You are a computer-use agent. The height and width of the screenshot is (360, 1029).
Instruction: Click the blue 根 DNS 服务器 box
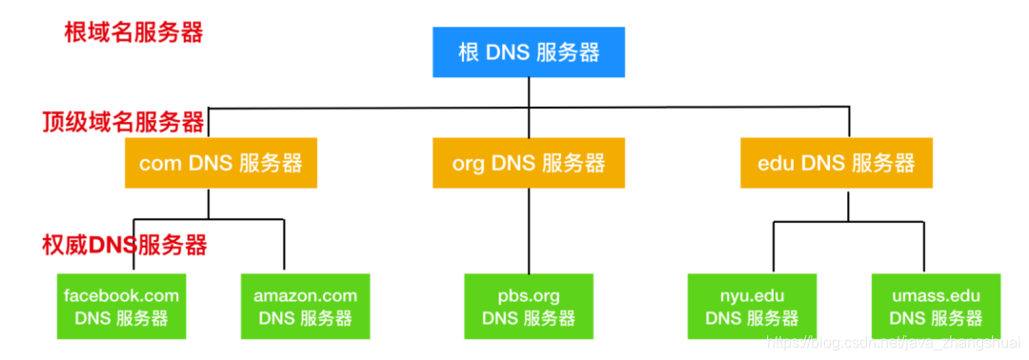529,51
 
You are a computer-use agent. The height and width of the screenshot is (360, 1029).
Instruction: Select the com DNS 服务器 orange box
220,163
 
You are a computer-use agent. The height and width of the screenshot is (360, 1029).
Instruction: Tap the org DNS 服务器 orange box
529,163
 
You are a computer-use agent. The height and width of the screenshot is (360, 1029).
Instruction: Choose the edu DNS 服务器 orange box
837,163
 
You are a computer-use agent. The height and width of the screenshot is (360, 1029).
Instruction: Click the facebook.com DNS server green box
121,307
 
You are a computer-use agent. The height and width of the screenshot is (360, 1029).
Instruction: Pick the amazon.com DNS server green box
305,307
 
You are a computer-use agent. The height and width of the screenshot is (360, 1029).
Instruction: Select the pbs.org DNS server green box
529,307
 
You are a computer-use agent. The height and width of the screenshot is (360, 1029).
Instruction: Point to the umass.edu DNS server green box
935,307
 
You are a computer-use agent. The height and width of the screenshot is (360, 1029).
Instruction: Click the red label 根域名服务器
133,32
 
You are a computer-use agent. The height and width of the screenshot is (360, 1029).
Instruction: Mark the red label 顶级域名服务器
123,122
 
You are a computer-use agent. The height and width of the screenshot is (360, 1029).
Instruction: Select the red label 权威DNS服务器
125,245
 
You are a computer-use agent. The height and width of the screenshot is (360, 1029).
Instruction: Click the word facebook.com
121,295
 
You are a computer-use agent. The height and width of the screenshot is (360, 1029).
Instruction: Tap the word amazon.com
305,295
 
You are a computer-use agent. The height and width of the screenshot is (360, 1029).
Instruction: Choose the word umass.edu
935,295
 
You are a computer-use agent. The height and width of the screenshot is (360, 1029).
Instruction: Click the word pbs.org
529,295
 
